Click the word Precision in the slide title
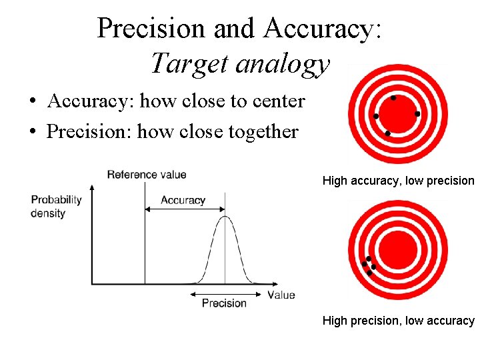151,28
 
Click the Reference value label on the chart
147,175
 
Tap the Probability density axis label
56,207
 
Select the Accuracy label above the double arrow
183,200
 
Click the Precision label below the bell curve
224,303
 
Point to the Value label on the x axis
281,295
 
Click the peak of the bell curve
225,216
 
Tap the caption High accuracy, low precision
398,181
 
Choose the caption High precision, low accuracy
398,321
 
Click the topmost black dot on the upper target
393,98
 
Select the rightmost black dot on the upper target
417,114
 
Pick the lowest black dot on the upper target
388,134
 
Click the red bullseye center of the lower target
398,250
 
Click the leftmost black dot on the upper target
376,117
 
